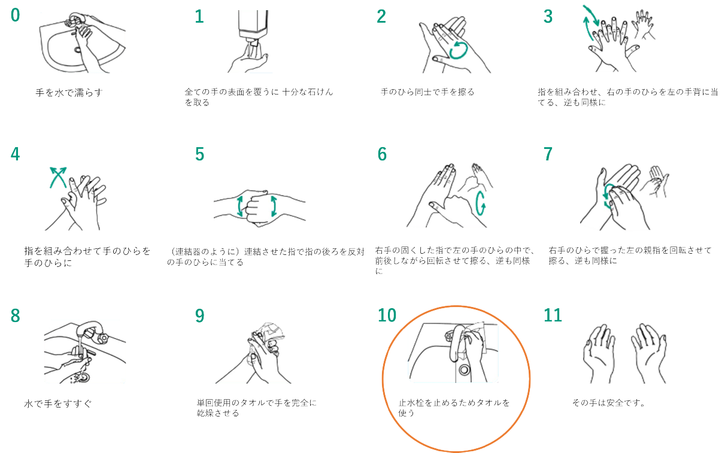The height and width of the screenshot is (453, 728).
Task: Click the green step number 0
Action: [x=16, y=16]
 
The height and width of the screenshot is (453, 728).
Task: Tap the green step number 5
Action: [x=199, y=154]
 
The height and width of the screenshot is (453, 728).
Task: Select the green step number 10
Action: [x=387, y=315]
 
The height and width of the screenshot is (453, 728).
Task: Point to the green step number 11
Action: [x=553, y=315]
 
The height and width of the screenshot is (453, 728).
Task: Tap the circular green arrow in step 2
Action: [x=458, y=50]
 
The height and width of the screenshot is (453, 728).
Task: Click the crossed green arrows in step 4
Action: [x=58, y=177]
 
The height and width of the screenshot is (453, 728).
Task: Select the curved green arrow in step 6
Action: [x=480, y=203]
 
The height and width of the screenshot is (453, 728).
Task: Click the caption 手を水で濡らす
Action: [x=69, y=93]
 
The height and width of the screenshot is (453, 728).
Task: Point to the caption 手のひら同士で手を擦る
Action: [x=427, y=92]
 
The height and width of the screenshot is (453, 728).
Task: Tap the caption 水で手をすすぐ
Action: [x=58, y=403]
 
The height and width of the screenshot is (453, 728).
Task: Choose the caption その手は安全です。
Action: [x=608, y=403]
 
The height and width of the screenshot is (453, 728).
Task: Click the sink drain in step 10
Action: [x=464, y=369]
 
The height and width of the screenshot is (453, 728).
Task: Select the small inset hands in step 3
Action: [x=643, y=25]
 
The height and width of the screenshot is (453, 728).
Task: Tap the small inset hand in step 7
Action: [x=654, y=181]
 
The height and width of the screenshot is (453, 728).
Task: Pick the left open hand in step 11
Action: [x=599, y=354]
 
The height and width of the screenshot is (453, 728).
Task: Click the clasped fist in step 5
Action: [x=257, y=207]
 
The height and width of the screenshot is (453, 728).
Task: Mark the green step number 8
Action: [x=16, y=315]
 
